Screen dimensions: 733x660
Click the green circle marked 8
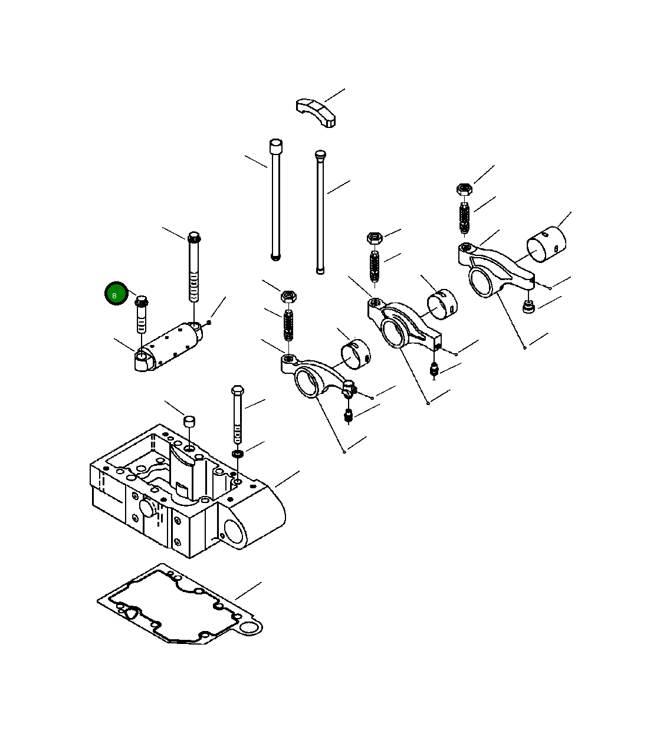[116, 294]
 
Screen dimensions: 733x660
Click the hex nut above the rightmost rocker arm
[464, 189]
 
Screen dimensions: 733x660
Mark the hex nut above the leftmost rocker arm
[288, 295]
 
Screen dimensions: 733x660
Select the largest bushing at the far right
[546, 244]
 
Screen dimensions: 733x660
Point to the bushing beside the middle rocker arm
[442, 304]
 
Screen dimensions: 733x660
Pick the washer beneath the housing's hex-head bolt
[238, 454]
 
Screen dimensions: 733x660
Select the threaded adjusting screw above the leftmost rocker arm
[288, 325]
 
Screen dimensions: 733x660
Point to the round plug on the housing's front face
[146, 508]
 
